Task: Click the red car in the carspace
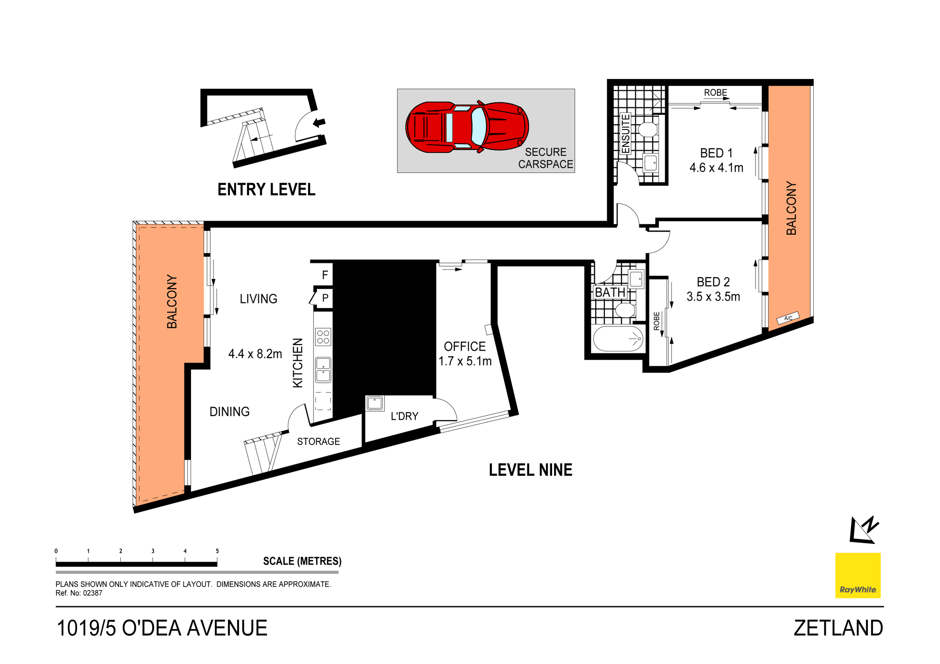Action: [467, 127]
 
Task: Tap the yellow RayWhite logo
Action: [857, 575]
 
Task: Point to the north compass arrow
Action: [863, 530]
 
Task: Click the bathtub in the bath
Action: [618, 339]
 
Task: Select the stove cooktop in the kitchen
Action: [323, 337]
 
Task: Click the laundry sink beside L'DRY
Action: [375, 403]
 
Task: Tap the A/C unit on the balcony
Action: [788, 318]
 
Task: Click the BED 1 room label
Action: [716, 153]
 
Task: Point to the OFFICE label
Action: [464, 346]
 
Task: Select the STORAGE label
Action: [318, 441]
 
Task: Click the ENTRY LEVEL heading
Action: [266, 190]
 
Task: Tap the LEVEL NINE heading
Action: [530, 470]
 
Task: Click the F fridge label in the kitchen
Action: [325, 275]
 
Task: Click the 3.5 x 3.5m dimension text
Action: [713, 297]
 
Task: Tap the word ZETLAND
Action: [838, 628]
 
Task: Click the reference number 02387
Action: [92, 593]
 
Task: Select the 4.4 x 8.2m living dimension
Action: [255, 354]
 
